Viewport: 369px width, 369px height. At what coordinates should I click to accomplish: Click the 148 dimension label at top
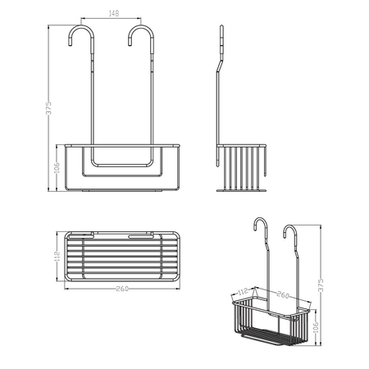pos(114,13)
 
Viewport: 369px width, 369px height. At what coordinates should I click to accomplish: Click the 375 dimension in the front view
pos(48,108)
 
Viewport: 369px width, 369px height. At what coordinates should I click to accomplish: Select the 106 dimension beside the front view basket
pos(57,168)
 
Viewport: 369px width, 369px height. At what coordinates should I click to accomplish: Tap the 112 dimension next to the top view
pos(57,257)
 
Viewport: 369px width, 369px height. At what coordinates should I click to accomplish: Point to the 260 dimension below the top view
pos(122,289)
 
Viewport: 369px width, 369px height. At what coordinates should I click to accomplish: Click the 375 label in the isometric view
pos(321,285)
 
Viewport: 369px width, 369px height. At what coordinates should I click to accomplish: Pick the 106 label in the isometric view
pos(316,327)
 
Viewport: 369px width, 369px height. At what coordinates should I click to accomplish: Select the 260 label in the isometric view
pos(283,295)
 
